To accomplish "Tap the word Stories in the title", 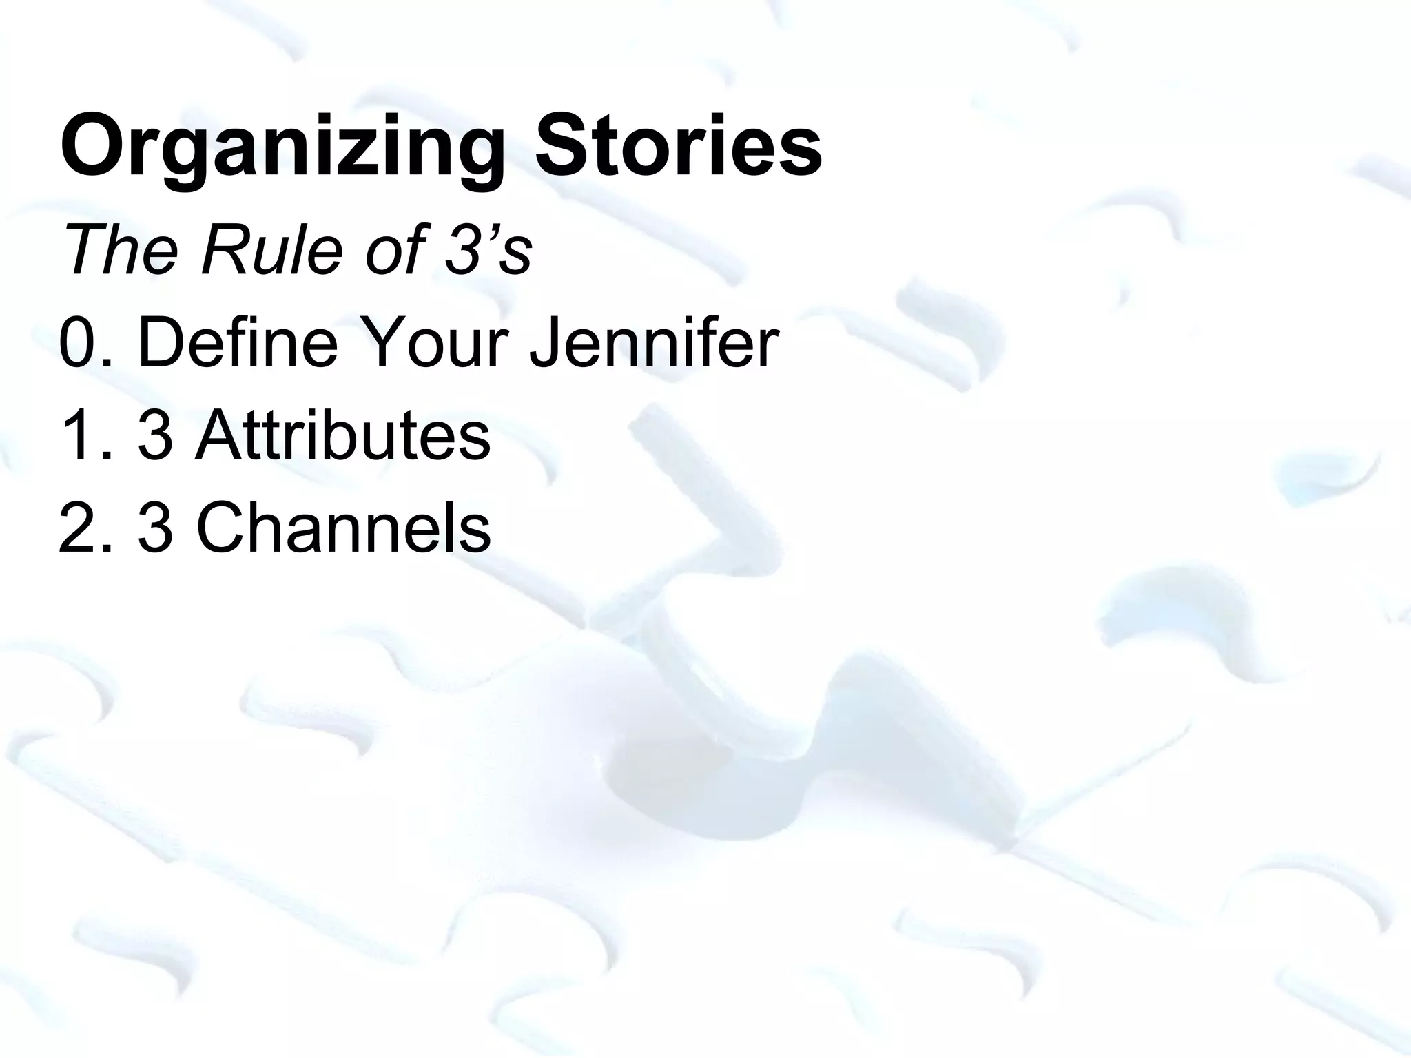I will pos(679,145).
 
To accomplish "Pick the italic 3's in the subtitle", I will pos(488,249).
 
